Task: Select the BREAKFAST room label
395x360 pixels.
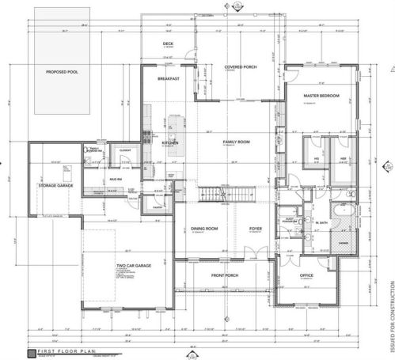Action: (x=169, y=79)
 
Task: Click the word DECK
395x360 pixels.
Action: (x=168, y=44)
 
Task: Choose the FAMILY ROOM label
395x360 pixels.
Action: (x=235, y=141)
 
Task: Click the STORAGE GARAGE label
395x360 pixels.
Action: (x=55, y=185)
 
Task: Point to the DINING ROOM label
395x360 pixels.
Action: (x=204, y=229)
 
